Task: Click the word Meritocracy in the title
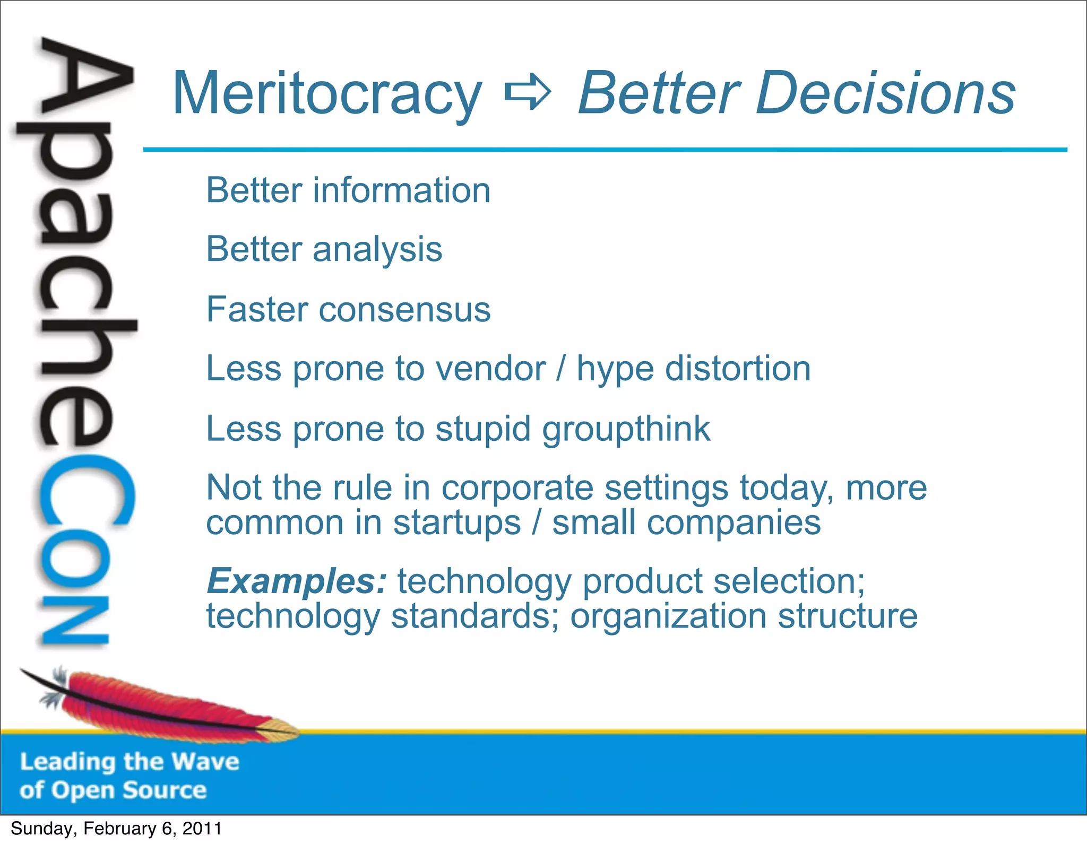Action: [x=327, y=94]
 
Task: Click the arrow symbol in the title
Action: [x=528, y=93]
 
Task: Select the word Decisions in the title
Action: [x=885, y=93]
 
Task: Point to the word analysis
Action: [x=377, y=250]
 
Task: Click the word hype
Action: [x=615, y=370]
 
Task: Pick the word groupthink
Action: [x=626, y=429]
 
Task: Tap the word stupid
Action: [x=482, y=429]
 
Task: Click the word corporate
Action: [x=517, y=488]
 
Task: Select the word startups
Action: [x=457, y=523]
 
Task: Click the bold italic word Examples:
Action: [x=296, y=581]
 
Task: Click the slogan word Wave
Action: [x=205, y=762]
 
